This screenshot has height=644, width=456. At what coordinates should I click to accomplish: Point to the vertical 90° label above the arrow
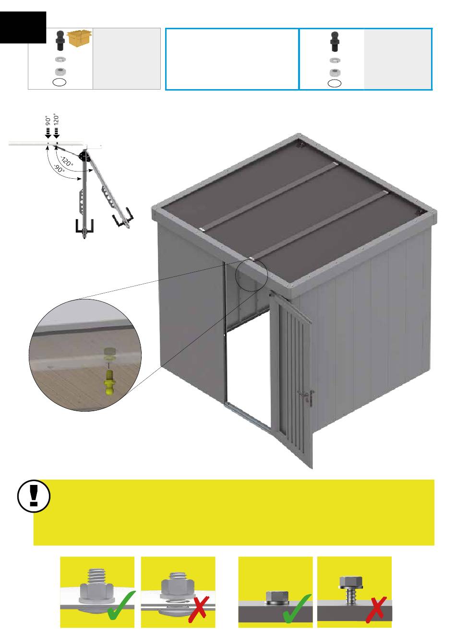point(48,120)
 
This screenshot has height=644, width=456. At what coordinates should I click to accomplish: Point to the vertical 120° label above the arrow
point(57,119)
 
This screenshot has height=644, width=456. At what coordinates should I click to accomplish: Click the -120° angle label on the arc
point(67,161)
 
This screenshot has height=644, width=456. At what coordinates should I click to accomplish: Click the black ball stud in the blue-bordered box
point(334,41)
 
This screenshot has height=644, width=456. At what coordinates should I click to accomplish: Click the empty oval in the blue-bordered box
point(335,83)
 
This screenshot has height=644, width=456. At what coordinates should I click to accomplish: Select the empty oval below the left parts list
point(60,82)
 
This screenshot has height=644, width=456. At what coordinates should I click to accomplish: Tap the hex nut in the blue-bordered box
point(334,72)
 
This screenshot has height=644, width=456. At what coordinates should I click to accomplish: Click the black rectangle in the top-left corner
point(23,27)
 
